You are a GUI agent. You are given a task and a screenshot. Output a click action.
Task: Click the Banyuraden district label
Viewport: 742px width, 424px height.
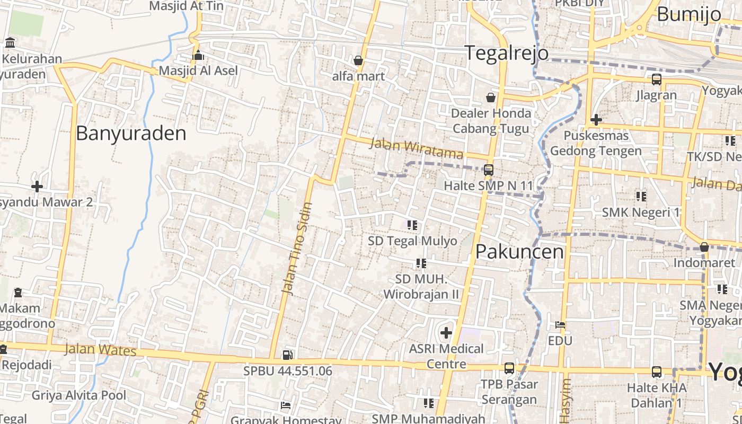click(x=131, y=133)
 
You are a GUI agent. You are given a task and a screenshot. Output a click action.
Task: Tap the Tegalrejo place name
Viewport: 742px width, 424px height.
click(x=506, y=53)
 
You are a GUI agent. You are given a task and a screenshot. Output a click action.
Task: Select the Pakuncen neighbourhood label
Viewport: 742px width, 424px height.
click(x=519, y=251)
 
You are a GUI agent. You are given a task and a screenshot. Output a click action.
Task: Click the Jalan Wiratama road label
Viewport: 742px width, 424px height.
click(x=417, y=148)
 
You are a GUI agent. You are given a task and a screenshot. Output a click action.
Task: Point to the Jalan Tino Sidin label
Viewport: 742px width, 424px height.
click(x=297, y=248)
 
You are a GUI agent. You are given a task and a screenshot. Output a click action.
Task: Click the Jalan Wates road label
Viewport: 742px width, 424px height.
click(x=101, y=350)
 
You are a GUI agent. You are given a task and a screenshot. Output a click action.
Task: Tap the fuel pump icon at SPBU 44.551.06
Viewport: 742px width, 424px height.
click(x=287, y=355)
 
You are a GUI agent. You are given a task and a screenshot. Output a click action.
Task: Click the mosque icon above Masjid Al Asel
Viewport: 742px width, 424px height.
click(x=198, y=55)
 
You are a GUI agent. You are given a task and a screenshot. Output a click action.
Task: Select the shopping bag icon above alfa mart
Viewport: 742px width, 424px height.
click(x=358, y=60)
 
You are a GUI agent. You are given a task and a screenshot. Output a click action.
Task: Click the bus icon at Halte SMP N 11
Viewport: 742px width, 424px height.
click(x=488, y=170)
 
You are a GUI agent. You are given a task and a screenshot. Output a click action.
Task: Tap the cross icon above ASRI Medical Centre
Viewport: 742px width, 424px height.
click(x=446, y=333)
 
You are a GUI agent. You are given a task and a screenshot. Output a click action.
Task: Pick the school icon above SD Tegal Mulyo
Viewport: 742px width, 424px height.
click(x=412, y=225)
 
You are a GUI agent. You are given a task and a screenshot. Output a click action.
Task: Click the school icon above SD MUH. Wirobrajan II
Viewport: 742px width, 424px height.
click(x=421, y=263)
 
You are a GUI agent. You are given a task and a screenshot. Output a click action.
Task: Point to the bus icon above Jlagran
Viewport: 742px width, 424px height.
click(x=656, y=79)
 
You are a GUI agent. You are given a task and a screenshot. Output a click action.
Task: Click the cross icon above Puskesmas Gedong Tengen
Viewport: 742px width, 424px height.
click(x=596, y=120)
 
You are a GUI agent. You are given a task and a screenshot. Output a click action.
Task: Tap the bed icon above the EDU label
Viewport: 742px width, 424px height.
click(x=560, y=324)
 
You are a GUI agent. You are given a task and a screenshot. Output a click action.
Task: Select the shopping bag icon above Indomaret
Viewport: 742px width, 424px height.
click(x=704, y=247)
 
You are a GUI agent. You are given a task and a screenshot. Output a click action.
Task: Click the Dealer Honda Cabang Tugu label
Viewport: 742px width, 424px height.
click(x=491, y=121)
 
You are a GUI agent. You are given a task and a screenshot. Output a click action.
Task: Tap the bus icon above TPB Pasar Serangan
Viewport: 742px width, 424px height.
click(x=509, y=368)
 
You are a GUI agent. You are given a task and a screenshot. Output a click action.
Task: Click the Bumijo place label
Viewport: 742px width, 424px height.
click(x=689, y=14)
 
